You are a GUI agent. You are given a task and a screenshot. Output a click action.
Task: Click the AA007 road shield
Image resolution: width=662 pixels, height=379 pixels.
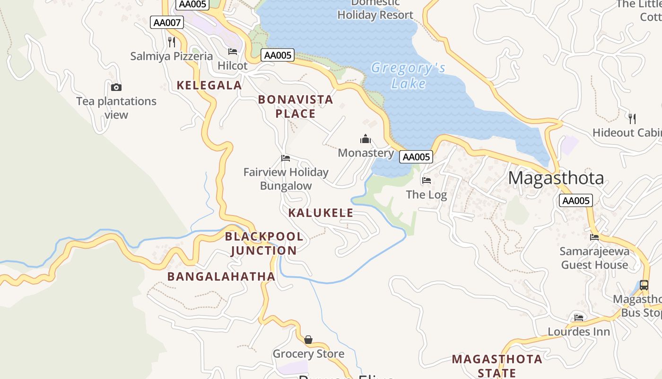pyautogui.click(x=167, y=22)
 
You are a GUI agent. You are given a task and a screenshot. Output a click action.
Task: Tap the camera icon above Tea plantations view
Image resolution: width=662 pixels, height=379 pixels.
pyautogui.click(x=116, y=87)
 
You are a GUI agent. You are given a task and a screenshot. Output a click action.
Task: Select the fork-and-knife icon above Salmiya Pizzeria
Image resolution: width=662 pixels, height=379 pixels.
pyautogui.click(x=172, y=42)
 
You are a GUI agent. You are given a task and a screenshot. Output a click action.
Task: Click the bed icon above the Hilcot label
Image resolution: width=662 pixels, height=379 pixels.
pyautogui.click(x=233, y=52)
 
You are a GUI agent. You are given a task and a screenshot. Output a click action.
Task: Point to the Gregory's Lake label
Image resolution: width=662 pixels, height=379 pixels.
pyautogui.click(x=409, y=76)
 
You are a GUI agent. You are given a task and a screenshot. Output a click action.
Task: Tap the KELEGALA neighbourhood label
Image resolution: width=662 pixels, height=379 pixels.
pyautogui.click(x=209, y=85)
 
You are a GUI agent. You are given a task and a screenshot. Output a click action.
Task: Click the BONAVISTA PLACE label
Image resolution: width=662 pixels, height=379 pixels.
pyautogui.click(x=296, y=107)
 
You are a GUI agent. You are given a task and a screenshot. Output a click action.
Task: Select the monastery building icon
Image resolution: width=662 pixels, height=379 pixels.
pyautogui.click(x=366, y=139)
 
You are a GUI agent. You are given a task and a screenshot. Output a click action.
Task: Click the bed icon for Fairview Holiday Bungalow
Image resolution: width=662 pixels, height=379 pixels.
pyautogui.click(x=286, y=158)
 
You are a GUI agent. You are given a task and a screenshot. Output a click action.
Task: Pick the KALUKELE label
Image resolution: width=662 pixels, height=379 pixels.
pyautogui.click(x=321, y=213)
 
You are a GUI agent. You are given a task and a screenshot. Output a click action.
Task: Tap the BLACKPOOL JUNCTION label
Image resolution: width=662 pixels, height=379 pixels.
pyautogui.click(x=264, y=243)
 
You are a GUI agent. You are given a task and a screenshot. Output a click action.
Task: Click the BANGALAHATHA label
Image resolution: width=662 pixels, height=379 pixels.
pyautogui.click(x=221, y=276)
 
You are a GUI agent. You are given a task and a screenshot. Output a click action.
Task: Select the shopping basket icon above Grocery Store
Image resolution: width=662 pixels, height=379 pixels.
pyautogui.click(x=308, y=340)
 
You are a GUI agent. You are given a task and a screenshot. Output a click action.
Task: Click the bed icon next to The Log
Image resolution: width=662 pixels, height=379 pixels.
pyautogui.click(x=427, y=180)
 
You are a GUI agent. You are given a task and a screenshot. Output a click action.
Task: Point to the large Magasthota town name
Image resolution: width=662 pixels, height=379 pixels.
pyautogui.click(x=556, y=178)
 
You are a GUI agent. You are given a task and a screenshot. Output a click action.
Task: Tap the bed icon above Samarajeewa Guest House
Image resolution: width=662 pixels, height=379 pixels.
pyautogui.click(x=594, y=237)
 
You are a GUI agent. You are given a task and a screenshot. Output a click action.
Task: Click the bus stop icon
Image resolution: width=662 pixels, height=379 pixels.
pyautogui.click(x=644, y=285)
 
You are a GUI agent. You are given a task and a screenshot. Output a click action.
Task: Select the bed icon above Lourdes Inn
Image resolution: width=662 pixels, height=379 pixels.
pyautogui.click(x=579, y=317)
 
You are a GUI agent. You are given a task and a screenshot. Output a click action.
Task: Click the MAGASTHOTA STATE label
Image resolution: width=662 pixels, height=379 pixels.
pyautogui.click(x=496, y=366)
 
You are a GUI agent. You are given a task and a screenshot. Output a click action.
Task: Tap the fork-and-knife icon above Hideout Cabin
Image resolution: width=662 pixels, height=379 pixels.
pyautogui.click(x=632, y=118)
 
